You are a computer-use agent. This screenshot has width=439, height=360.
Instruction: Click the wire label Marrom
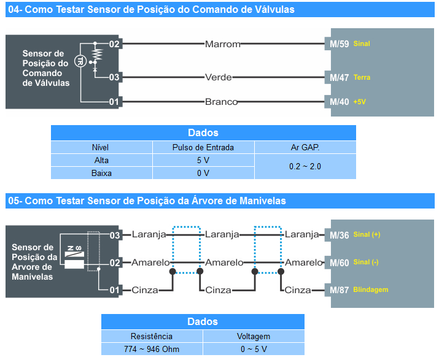point(222,44)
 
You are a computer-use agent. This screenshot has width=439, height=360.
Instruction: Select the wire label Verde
point(218,77)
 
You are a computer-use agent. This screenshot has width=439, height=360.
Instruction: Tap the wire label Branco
point(221,102)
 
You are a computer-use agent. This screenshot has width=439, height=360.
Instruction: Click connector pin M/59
point(340,44)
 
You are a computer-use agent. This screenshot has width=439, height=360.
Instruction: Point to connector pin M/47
point(340,77)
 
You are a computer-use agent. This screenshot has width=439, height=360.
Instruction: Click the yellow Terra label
point(362,78)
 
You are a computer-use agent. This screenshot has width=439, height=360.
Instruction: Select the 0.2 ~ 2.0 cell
point(305,166)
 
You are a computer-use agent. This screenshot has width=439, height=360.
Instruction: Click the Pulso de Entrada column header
point(203,147)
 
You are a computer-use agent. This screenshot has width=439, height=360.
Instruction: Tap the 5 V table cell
point(203,160)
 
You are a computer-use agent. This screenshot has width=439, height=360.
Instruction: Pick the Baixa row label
point(101,173)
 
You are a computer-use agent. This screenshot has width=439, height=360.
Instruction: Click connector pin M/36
point(340,235)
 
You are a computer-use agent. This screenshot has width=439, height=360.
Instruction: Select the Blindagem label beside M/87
point(371,290)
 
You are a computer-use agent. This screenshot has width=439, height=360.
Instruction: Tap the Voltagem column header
point(254,336)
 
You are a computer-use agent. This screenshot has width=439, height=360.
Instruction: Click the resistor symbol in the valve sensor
point(95,57)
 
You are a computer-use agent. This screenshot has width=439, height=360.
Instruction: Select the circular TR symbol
point(79,60)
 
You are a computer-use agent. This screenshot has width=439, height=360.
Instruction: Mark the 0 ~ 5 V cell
point(254,349)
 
